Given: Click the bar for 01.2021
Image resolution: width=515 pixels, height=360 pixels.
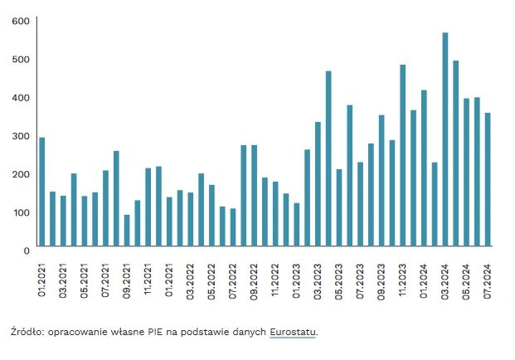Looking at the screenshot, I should (42, 192).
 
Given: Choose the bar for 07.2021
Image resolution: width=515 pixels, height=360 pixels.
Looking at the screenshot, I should (105, 208).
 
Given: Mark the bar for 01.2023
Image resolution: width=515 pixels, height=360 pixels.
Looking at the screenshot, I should (297, 224).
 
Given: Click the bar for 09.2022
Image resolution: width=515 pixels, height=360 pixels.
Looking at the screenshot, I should (254, 196).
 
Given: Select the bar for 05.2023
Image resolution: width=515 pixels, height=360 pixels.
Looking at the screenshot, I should (339, 207).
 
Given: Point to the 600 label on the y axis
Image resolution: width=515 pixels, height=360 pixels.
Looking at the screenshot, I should (21, 21).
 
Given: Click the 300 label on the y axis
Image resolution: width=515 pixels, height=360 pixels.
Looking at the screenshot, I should (21, 135).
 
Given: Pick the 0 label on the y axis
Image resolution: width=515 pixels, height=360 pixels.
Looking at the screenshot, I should (27, 249).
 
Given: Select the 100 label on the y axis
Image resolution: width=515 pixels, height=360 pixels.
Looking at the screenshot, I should (21, 212).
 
